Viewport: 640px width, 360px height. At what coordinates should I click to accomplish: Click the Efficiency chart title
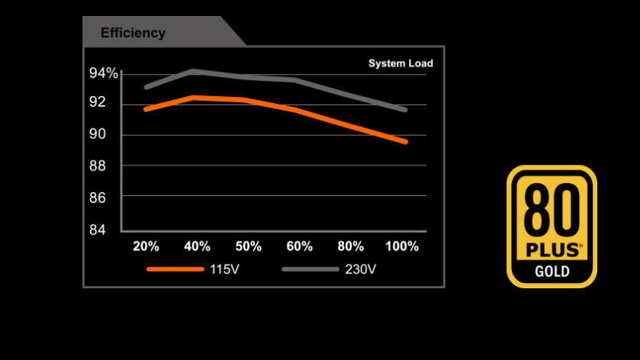(x=133, y=33)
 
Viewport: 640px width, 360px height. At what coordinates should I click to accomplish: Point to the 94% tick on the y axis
(x=104, y=73)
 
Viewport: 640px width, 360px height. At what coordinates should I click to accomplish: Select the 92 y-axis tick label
(x=98, y=103)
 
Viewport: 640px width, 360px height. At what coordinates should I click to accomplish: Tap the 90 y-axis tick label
(x=98, y=134)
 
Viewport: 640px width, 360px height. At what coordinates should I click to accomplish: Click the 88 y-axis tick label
(x=98, y=166)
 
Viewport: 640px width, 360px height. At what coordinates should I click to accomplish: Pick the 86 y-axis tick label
(x=98, y=198)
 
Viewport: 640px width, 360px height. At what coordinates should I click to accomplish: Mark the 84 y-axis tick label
(x=98, y=230)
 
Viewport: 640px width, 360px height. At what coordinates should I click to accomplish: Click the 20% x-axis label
(x=146, y=246)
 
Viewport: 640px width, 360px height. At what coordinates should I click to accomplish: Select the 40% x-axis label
(x=197, y=246)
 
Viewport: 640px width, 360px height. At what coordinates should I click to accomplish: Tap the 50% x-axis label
(x=249, y=246)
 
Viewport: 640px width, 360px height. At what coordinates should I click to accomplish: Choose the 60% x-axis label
(x=299, y=246)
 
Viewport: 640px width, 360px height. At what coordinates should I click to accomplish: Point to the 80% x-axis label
(x=351, y=246)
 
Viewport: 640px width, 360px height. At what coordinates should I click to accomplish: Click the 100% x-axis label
(x=402, y=246)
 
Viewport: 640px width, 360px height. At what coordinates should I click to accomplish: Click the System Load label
(x=400, y=64)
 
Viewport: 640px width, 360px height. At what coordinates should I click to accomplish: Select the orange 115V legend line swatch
(x=175, y=269)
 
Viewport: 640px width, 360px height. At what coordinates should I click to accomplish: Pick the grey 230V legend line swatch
(x=310, y=269)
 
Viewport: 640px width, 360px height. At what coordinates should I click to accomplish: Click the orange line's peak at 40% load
(x=194, y=97)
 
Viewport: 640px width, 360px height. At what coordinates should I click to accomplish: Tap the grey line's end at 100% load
(x=405, y=110)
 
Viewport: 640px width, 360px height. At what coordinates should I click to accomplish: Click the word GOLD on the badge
(x=552, y=272)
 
